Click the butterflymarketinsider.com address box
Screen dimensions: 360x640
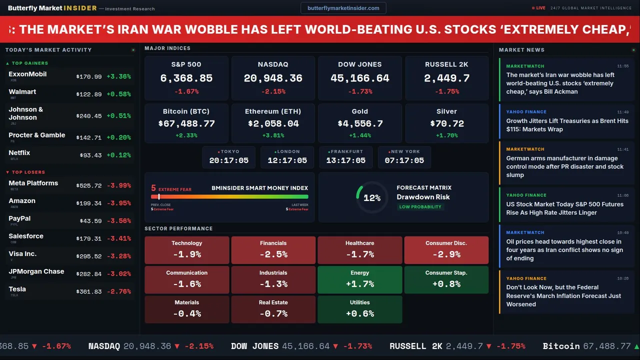[343, 8]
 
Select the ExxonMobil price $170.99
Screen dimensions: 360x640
[89, 77]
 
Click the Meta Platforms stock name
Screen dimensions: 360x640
[33, 183]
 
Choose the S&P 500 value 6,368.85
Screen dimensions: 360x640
[186, 78]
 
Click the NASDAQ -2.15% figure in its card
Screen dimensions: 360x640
[273, 91]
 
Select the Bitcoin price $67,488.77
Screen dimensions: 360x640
[186, 123]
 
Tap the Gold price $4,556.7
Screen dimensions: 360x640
[360, 123]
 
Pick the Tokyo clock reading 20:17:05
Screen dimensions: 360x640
[229, 160]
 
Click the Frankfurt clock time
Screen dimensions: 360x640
[346, 160]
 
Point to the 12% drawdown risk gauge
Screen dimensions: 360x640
[372, 198]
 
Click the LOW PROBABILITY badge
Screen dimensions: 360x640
[420, 207]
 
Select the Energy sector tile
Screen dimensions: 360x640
[360, 279]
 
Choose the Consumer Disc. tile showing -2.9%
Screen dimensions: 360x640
[446, 249]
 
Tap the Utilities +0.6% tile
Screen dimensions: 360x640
[360, 309]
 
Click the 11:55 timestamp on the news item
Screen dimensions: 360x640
[622, 66]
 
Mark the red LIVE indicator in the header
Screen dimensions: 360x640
[539, 8]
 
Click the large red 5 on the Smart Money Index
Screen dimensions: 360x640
[153, 188]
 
